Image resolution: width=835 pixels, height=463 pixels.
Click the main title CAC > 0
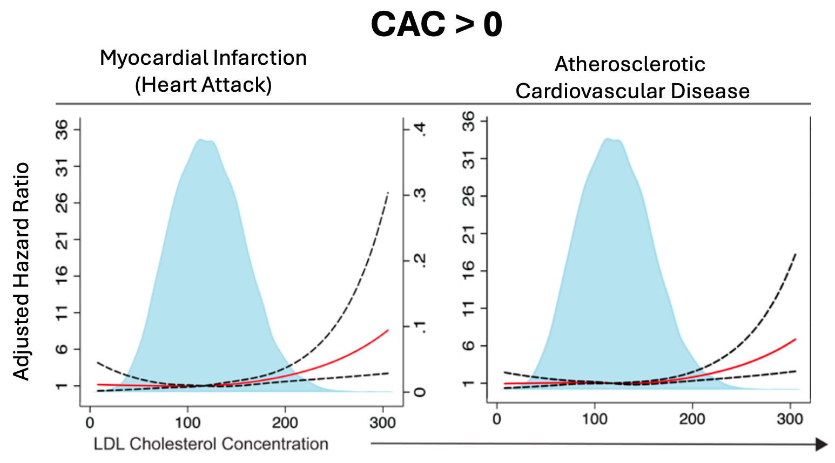(436, 25)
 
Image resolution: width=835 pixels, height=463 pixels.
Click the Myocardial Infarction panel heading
(203, 58)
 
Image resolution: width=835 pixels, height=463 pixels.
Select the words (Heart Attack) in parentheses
(203, 85)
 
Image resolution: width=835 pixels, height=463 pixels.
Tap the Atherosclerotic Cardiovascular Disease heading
(632, 78)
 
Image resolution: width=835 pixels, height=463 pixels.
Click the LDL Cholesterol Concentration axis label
(211, 444)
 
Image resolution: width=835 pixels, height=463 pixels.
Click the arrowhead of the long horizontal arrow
(821, 444)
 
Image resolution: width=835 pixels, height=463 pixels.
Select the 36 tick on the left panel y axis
(63, 130)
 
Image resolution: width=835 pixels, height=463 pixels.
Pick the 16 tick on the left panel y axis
(63, 276)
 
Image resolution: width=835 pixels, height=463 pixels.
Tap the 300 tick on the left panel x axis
(382, 423)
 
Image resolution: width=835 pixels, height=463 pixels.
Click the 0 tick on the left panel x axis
(90, 423)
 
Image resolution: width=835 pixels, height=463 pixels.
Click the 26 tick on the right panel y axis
(469, 195)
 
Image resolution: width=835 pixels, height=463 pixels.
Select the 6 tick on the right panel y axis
(469, 345)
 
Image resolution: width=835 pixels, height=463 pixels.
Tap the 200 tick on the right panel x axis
(692, 419)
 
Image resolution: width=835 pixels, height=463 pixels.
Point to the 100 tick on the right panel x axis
(594, 419)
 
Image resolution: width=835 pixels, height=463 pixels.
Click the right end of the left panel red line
(388, 330)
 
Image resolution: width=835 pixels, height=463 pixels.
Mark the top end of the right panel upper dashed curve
(796, 254)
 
